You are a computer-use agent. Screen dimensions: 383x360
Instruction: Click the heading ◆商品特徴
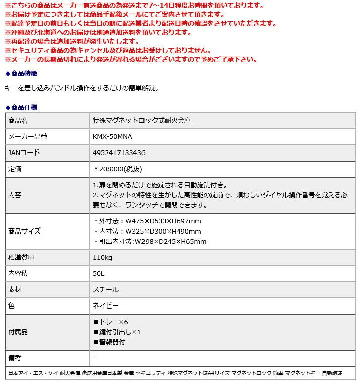21,73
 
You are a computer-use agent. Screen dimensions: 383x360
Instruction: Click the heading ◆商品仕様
21,107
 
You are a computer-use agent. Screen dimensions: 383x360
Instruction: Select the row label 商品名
18,121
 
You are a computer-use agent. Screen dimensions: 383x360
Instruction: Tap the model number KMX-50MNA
113,136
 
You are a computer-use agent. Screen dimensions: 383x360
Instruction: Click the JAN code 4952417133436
119,152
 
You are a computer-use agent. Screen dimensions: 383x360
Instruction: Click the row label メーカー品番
28,136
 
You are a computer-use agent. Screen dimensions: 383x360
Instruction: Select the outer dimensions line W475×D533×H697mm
148,221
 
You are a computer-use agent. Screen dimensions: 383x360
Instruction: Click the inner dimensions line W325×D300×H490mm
148,231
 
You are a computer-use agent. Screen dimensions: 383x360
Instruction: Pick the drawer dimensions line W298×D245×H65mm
150,241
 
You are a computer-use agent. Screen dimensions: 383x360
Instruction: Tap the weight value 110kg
102,257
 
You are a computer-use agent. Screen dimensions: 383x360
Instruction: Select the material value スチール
106,289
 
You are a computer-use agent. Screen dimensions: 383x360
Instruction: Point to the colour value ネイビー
106,305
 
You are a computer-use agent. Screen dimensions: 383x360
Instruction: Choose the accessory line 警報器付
109,342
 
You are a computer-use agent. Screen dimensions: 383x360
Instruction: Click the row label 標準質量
21,257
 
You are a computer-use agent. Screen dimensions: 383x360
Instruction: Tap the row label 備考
15,358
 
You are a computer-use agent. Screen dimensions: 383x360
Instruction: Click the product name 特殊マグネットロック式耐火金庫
141,121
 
